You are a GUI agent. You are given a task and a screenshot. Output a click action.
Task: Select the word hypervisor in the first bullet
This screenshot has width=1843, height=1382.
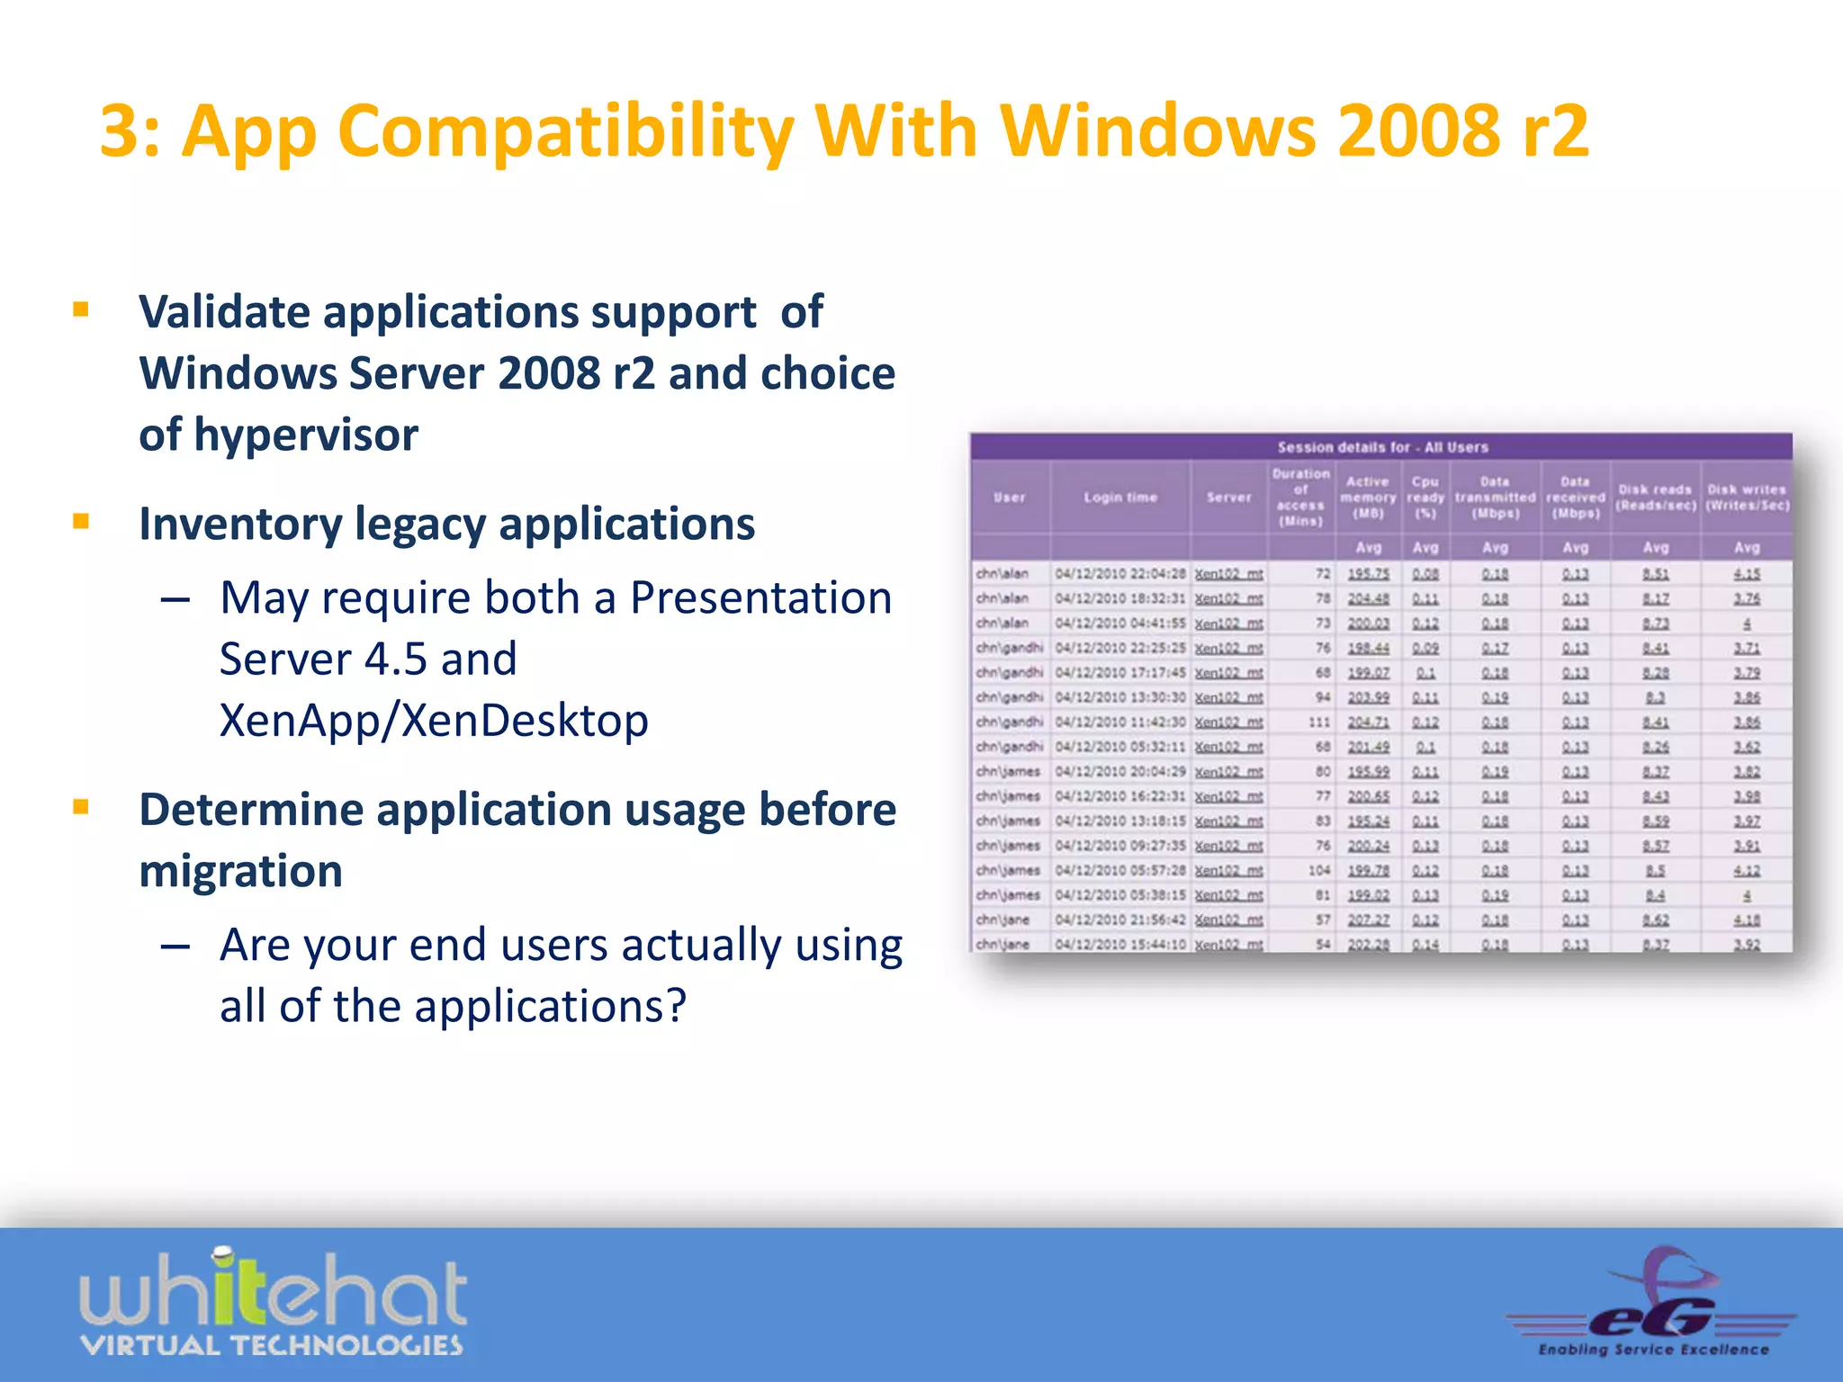(x=306, y=435)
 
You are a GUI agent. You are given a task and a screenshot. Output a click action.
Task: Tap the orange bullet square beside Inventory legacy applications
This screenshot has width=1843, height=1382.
(x=81, y=521)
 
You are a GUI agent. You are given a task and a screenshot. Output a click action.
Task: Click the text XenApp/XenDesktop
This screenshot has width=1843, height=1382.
(x=434, y=720)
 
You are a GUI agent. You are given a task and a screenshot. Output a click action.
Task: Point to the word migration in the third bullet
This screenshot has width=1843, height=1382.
(x=240, y=871)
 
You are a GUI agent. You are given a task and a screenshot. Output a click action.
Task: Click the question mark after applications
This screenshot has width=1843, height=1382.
(x=677, y=1006)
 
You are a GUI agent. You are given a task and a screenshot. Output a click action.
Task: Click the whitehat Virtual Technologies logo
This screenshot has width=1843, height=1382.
(x=273, y=1303)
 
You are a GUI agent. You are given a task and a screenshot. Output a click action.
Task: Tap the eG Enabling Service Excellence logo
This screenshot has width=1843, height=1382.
(x=1652, y=1305)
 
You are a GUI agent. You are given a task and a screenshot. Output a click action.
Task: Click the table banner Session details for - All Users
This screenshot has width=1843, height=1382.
(x=1382, y=447)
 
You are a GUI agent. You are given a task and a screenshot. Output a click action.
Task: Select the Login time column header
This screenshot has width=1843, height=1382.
(x=1120, y=498)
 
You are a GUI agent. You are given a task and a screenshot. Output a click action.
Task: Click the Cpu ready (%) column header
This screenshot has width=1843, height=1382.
(x=1425, y=498)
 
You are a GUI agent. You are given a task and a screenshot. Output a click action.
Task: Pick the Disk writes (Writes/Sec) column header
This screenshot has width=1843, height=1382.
(x=1747, y=498)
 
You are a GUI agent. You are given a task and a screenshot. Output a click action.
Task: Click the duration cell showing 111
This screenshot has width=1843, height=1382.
(x=1318, y=722)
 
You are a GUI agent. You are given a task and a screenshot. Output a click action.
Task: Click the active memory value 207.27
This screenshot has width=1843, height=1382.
(x=1368, y=920)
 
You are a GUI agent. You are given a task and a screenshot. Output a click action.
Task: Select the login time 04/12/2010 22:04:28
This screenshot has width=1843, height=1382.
(x=1120, y=574)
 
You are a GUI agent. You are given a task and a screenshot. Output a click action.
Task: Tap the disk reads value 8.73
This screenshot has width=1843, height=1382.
(x=1655, y=624)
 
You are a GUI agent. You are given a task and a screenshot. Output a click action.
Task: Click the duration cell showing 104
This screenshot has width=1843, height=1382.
(x=1318, y=871)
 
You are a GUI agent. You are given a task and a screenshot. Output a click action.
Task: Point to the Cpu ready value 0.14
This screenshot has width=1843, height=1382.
(x=1425, y=945)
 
